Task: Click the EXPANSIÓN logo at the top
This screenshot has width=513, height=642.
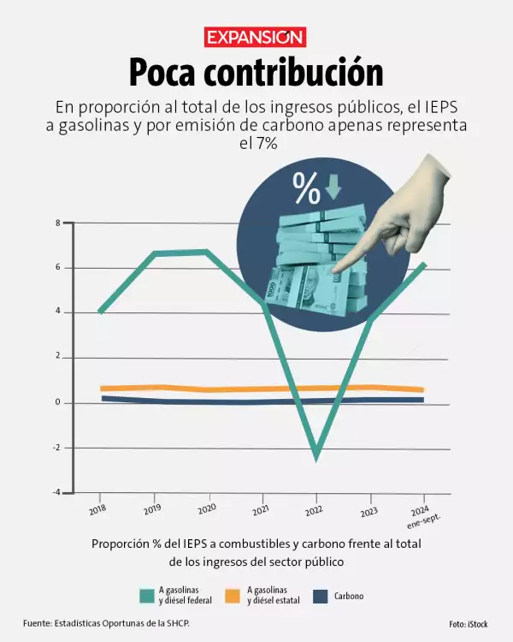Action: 256,38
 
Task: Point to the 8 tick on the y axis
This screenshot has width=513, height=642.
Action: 58,223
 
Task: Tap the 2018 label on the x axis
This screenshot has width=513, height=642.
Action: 96,508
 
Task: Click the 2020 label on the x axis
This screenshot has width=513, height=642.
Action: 204,508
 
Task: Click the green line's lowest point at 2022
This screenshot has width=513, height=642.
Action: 316,458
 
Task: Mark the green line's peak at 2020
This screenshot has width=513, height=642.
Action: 207,252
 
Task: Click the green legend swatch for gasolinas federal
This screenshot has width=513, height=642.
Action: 145,595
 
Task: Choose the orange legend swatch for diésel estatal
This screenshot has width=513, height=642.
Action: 233,595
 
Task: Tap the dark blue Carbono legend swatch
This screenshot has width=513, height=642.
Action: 321,595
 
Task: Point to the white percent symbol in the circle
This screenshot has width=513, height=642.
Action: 306,188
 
